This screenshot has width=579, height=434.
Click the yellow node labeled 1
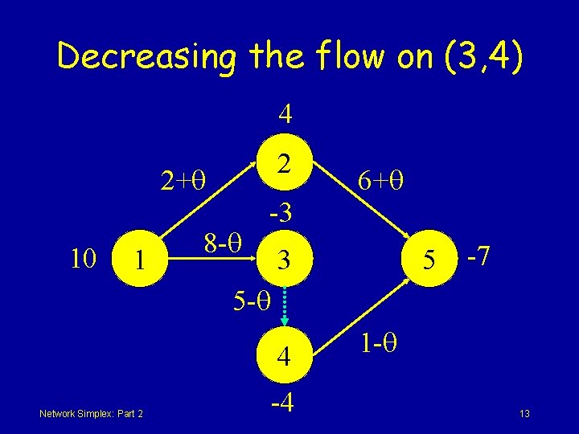140,260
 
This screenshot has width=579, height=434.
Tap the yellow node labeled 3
283,260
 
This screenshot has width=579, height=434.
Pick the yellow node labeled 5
430,260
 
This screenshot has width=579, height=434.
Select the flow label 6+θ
380,182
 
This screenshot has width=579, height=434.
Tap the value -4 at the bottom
283,399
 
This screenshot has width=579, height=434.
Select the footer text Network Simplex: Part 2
91,413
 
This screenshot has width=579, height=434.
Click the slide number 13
524,414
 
